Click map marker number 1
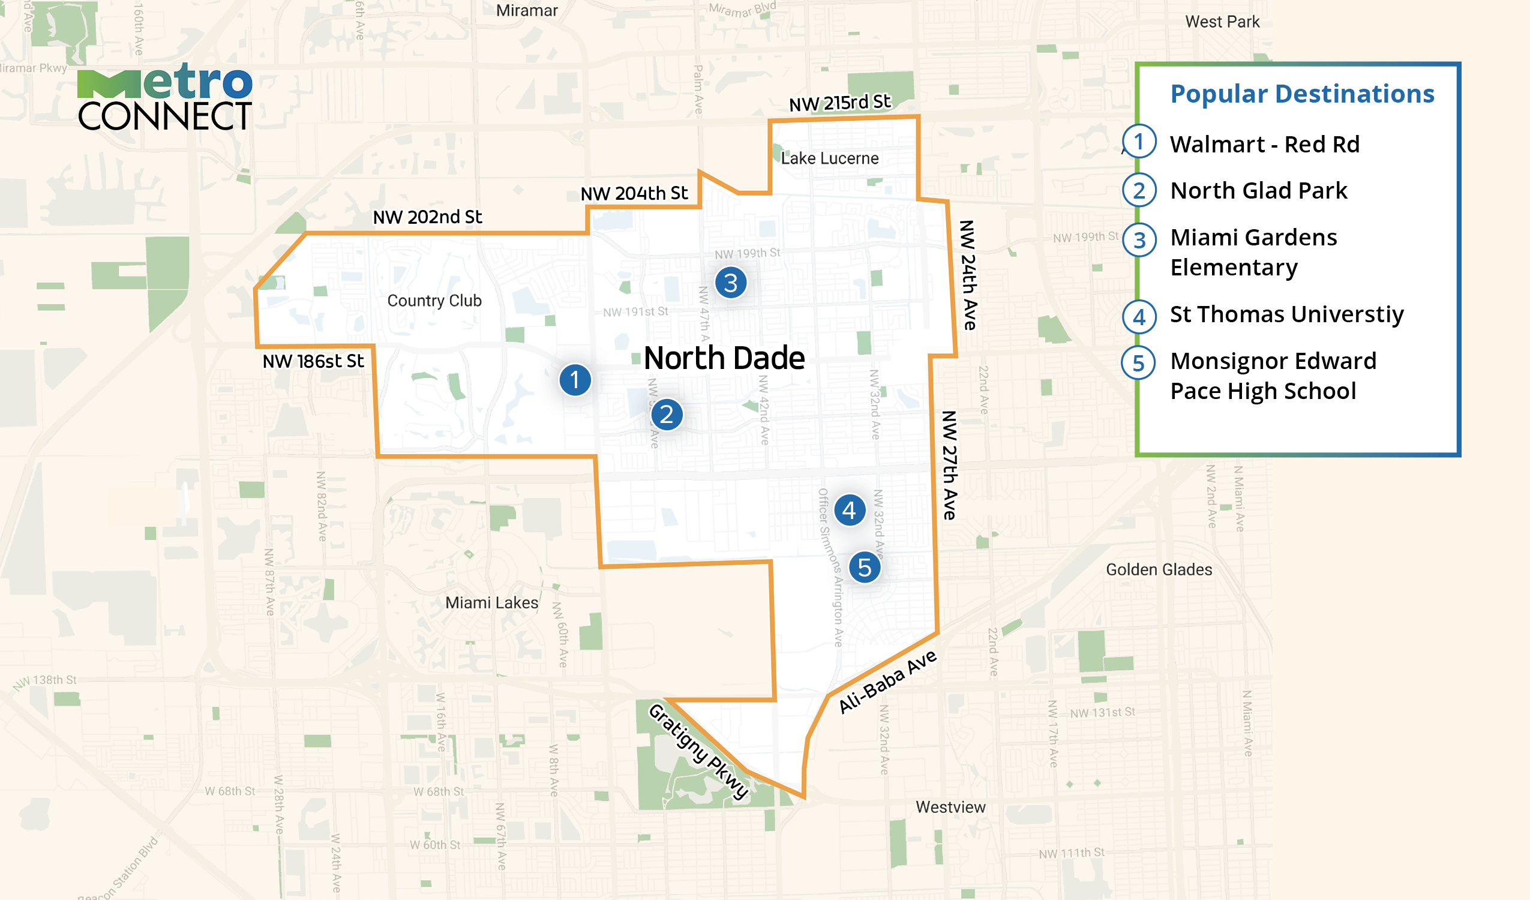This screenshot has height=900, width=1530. click(574, 380)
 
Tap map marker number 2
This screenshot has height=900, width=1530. click(667, 415)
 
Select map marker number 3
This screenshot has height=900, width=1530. click(730, 283)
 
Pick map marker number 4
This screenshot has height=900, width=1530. click(850, 510)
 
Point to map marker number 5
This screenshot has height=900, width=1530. click(865, 568)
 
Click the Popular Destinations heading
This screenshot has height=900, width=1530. click(1302, 94)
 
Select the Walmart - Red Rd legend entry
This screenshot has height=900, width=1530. click(1264, 145)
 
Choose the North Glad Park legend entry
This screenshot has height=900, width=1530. click(1258, 191)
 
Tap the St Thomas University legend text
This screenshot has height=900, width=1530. click(1286, 314)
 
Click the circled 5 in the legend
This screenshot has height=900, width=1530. click(1138, 363)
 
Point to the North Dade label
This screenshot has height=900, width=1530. click(724, 358)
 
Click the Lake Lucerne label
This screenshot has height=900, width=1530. click(829, 158)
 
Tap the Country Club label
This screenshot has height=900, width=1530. click(434, 301)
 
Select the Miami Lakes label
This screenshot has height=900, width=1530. click(492, 602)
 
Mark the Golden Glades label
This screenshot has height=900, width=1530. click(1159, 569)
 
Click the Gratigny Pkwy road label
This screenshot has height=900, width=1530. click(698, 751)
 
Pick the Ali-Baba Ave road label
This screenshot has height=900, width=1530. click(887, 682)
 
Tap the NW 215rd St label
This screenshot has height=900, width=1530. click(839, 103)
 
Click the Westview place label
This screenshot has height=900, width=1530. click(950, 807)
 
